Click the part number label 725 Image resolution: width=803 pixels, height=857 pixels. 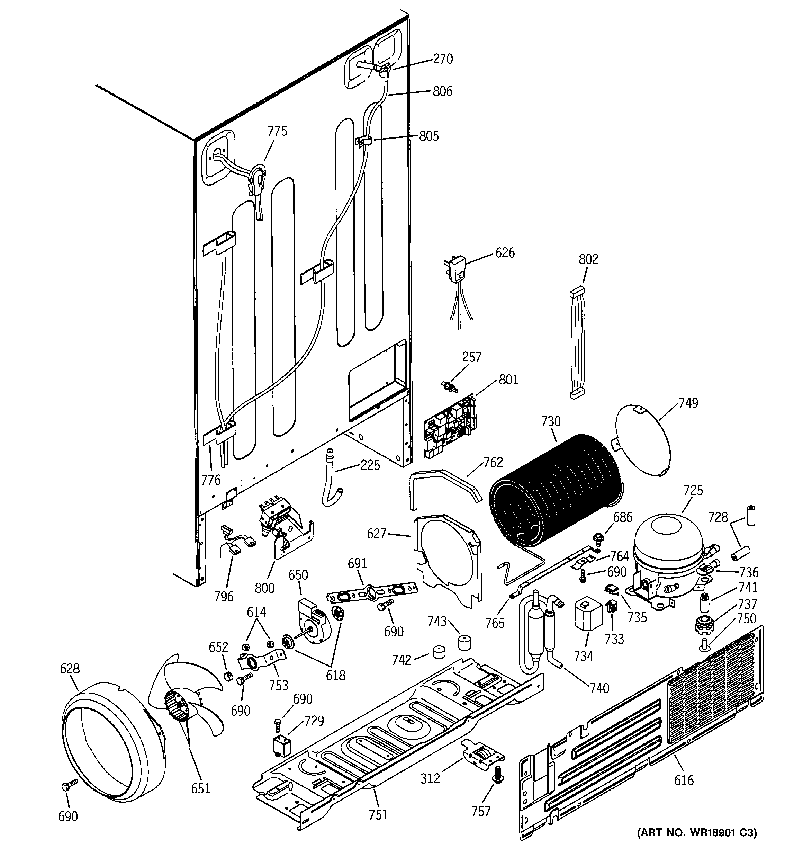tap(693, 490)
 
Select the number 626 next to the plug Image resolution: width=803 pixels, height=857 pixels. tap(505, 253)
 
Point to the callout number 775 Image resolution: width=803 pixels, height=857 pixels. tap(277, 131)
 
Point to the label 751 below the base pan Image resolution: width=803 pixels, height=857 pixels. tap(378, 814)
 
